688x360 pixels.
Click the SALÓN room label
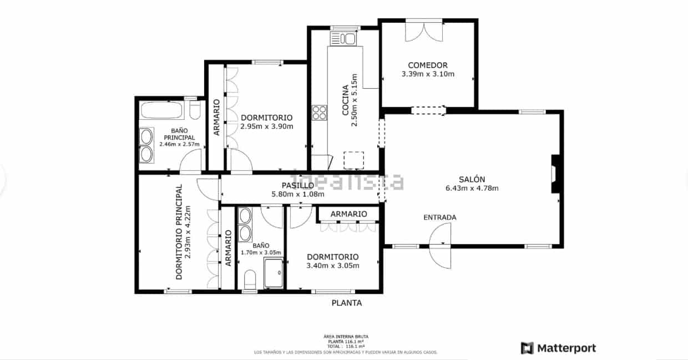click(472, 179)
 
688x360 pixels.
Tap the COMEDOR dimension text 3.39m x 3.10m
click(428, 74)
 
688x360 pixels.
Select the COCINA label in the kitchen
click(345, 100)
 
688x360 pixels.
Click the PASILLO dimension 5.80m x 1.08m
click(298, 194)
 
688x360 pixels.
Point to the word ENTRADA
click(439, 217)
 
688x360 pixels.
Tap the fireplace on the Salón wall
click(555, 174)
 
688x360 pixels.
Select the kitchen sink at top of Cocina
click(343, 39)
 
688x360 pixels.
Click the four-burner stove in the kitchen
click(319, 113)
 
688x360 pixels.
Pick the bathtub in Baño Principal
click(162, 110)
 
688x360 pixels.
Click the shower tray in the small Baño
click(274, 272)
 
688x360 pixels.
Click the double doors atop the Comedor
click(423, 31)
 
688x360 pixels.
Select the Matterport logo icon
click(527, 348)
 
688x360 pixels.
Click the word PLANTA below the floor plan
click(347, 303)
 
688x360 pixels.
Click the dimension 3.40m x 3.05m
click(333, 266)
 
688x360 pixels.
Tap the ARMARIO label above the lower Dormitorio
click(348, 214)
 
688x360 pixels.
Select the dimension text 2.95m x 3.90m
click(266, 126)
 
